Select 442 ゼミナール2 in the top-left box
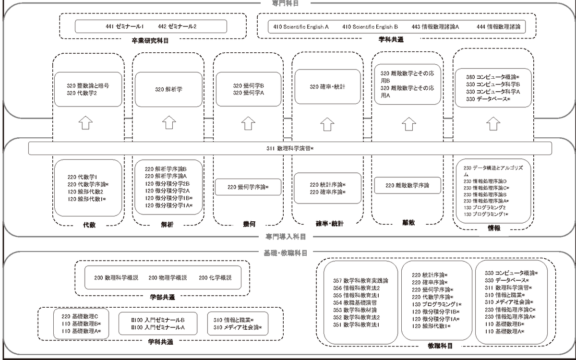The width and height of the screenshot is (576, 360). click(x=177, y=26)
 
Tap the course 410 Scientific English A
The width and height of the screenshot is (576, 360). click(x=301, y=26)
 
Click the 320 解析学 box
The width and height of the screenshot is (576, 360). click(x=168, y=89)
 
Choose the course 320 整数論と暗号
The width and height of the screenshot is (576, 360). click(x=88, y=85)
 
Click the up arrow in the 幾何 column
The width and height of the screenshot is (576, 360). click(x=248, y=123)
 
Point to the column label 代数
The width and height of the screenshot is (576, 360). click(x=89, y=224)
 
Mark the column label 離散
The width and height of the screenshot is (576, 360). click(x=408, y=223)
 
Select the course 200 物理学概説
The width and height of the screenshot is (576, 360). click(x=168, y=278)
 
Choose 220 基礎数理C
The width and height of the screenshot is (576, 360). click(x=80, y=316)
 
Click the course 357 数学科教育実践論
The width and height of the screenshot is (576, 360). click(x=360, y=280)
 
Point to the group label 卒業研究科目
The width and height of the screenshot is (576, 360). click(x=150, y=41)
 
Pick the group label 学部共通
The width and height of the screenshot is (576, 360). click(x=162, y=297)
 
